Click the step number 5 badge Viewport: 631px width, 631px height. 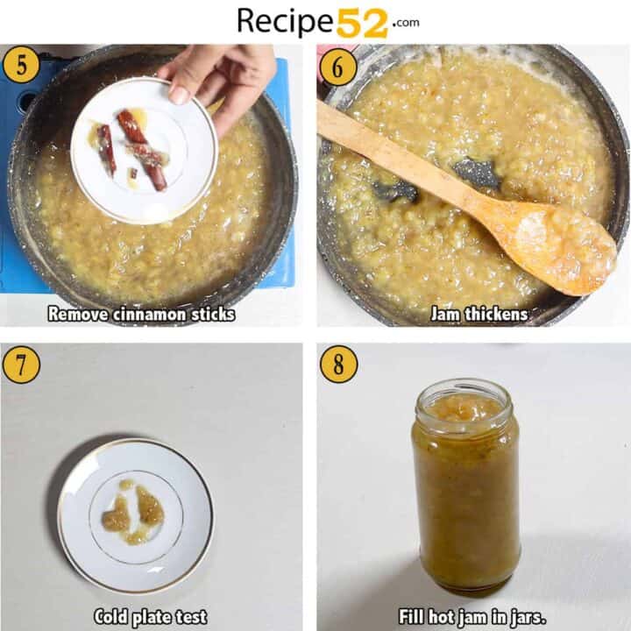[20, 67]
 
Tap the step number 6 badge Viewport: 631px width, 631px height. [337, 67]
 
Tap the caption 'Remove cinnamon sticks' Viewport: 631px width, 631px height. [141, 314]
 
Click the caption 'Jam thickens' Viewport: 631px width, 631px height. [479, 314]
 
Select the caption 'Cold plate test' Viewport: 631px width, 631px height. [150, 616]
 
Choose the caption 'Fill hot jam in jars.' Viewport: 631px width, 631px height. [472, 616]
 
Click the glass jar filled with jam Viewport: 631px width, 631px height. [465, 491]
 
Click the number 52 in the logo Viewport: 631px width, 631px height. [362, 21]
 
